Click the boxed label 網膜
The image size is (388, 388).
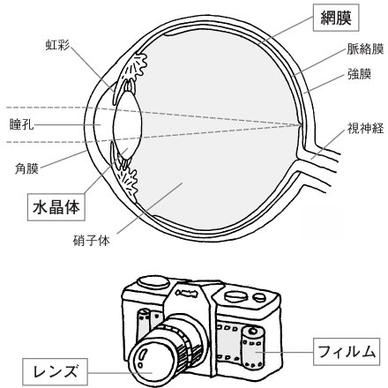click(336, 18)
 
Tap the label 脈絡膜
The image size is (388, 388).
click(365, 49)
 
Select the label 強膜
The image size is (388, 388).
click(359, 74)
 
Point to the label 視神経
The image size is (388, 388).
click(365, 128)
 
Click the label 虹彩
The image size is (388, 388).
click(57, 45)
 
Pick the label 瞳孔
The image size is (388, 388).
click(21, 124)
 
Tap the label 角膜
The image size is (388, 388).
click(26, 168)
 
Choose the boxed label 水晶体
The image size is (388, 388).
click(56, 207)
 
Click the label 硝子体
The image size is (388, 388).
click(91, 241)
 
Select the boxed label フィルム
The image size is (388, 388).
click(347, 352)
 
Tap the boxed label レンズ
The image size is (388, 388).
click(55, 371)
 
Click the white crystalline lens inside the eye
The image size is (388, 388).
click(128, 125)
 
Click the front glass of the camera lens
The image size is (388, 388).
click(146, 362)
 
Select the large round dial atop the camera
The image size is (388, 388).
click(154, 282)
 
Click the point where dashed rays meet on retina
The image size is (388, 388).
click(300, 125)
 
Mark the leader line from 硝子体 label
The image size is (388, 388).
click(150, 208)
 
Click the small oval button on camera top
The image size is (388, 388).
click(259, 297)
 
